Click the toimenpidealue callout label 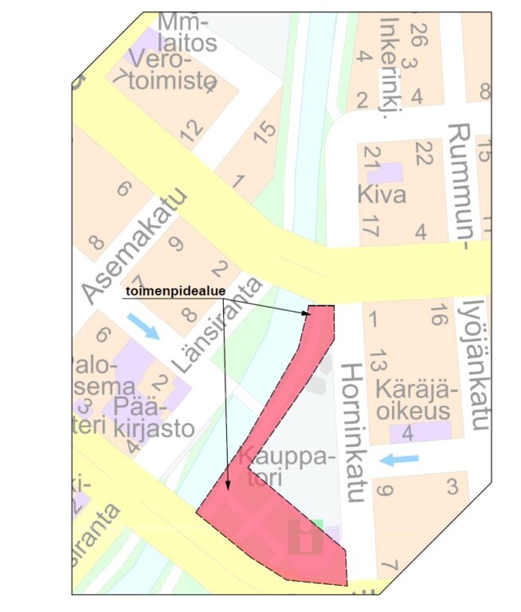170,292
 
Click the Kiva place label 382,194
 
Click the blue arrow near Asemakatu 144,325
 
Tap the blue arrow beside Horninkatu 398,459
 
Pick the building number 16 436,316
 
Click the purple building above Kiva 390,171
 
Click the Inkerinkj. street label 390,68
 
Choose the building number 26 414,33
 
